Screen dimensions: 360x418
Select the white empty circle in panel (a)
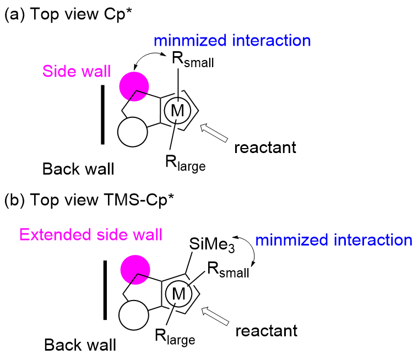[133, 133]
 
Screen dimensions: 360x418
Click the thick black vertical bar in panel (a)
[103, 114]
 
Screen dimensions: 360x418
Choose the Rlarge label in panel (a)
[184, 162]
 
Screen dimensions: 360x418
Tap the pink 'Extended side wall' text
[91, 235]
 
